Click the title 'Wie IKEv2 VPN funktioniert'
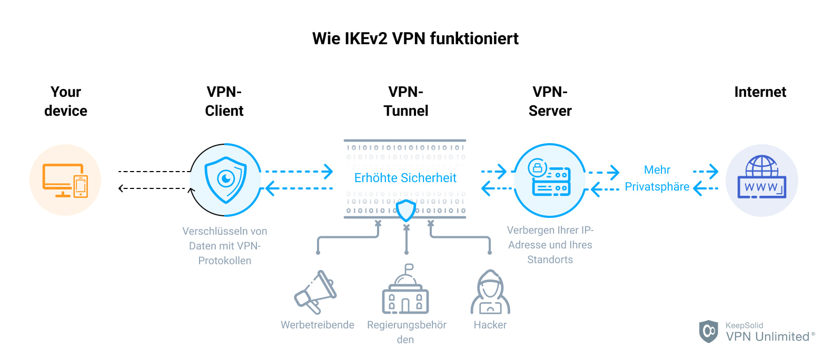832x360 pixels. (415, 38)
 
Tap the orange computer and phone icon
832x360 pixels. (65, 180)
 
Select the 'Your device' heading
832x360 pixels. (66, 101)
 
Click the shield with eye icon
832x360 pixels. (225, 179)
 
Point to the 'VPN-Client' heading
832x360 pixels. (224, 101)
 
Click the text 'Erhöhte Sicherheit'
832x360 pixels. (405, 178)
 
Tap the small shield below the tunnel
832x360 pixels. (406, 211)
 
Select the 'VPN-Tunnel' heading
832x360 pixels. (406, 101)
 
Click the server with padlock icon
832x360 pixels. (550, 179)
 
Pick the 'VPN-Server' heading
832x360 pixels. (550, 101)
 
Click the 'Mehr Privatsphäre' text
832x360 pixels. (657, 178)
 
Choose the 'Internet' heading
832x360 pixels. (760, 92)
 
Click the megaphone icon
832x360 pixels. (315, 292)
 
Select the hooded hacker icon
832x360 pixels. (490, 292)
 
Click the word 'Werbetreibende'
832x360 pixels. (318, 325)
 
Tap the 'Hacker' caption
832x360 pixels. (490, 325)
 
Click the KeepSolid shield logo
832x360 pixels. (709, 331)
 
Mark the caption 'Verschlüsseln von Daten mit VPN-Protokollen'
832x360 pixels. (225, 246)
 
